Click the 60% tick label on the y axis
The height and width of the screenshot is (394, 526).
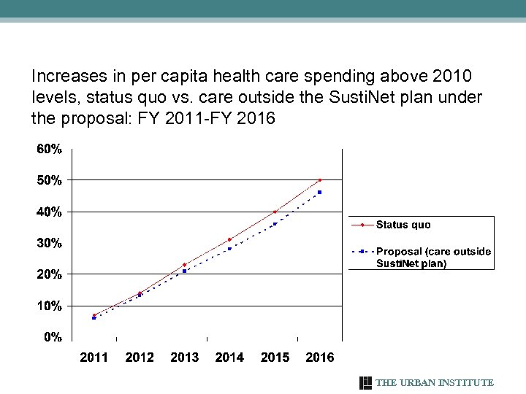(50, 149)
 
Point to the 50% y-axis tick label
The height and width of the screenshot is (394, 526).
(50, 180)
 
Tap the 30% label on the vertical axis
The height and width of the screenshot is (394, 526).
(50, 243)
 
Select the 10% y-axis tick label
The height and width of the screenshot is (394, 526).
(50, 306)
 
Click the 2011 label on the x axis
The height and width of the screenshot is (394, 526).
(94, 358)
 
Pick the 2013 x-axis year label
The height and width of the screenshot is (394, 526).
(184, 358)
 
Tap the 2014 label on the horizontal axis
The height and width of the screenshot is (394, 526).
(229, 358)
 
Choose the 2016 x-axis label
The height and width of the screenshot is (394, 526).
(319, 358)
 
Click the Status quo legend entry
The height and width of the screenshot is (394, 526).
(403, 225)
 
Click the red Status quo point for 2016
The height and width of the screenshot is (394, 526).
(320, 180)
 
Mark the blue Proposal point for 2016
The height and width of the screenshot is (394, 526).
(320, 193)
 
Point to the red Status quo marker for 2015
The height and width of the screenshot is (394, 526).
(275, 212)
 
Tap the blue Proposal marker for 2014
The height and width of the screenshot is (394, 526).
(229, 249)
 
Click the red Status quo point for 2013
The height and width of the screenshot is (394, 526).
(184, 265)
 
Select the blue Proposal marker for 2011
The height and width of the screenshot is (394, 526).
(94, 318)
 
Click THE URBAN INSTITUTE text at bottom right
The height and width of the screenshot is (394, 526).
(435, 383)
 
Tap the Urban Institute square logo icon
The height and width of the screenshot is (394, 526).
(366, 383)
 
